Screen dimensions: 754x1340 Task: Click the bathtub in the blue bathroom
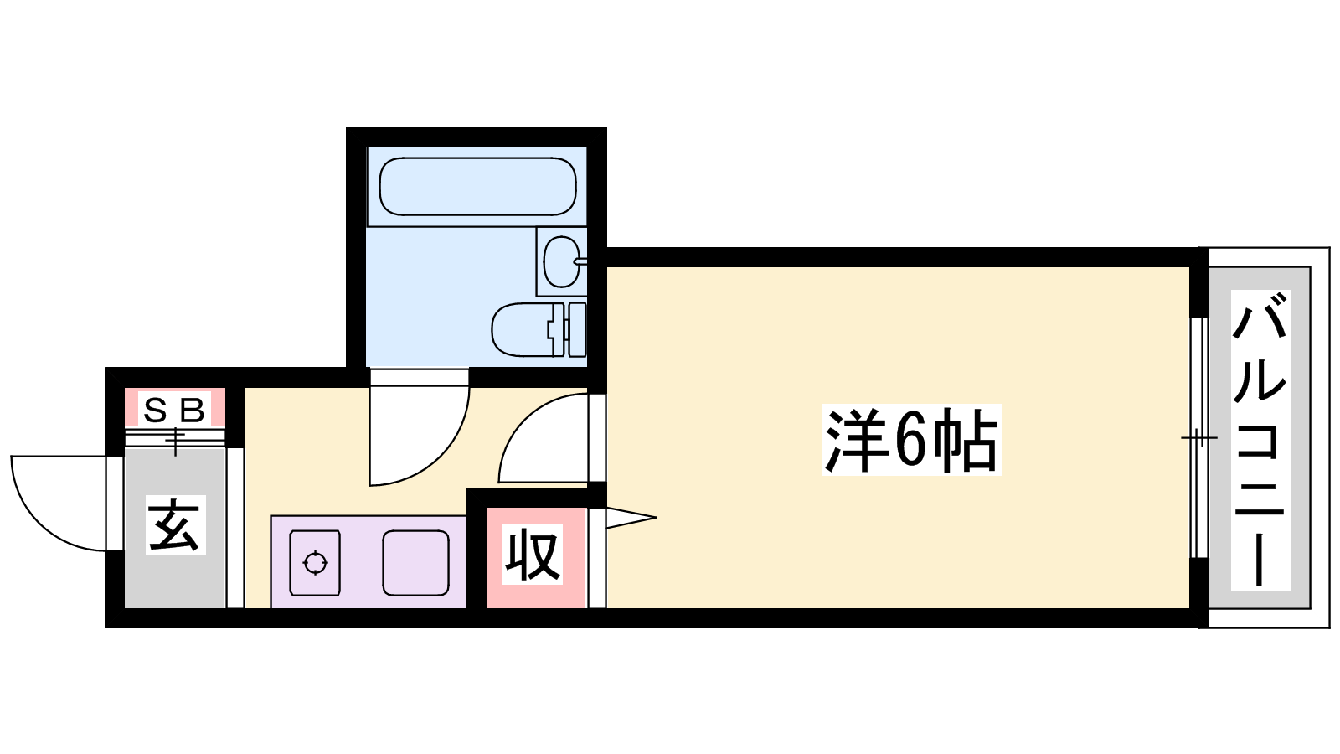477,186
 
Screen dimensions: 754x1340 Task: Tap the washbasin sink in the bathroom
561,261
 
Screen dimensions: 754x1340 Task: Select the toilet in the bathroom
523,329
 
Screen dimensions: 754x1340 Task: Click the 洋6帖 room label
911,441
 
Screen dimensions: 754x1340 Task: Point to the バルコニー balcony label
1260,441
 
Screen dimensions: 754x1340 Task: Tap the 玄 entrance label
174,526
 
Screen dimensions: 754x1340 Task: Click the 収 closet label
533,555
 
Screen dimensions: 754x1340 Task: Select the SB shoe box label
174,411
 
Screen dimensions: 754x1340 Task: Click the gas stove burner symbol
315,562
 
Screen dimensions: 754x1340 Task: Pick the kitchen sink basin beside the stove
415,562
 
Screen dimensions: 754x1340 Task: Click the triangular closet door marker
628,518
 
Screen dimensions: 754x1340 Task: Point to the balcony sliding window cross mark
1198,438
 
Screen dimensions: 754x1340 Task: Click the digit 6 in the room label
910,441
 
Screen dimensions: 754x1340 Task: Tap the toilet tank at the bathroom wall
576,329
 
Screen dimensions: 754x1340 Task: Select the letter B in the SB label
193,411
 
